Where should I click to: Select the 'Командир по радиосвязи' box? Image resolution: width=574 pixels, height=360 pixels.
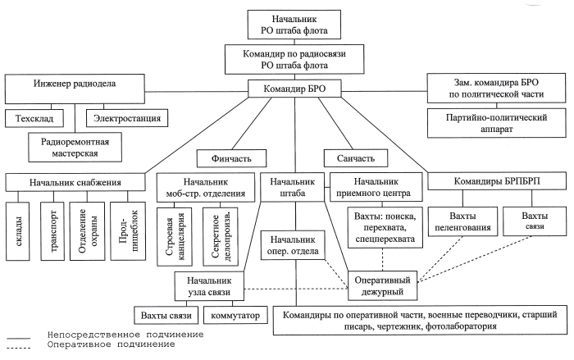pos(286,60)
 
